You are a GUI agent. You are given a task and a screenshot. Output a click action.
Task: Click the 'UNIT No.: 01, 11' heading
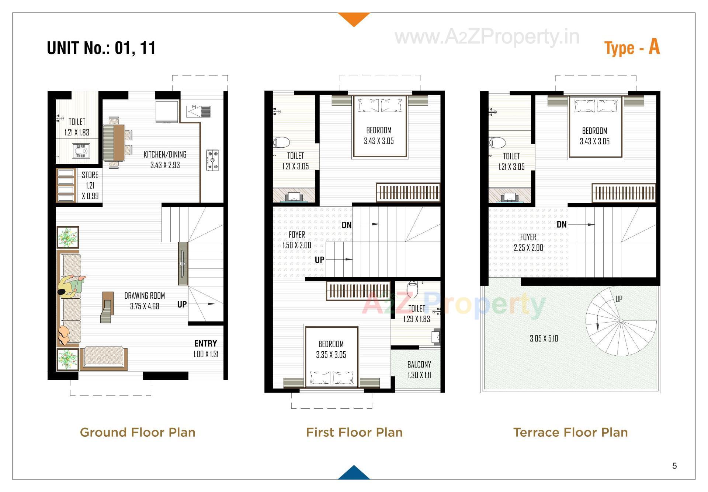pos(101,48)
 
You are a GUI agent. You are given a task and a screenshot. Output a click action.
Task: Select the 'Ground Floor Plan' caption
pos(138,432)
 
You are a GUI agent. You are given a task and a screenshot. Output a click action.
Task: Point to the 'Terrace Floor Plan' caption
pos(570,432)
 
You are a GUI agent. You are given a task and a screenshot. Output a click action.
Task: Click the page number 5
pos(674,466)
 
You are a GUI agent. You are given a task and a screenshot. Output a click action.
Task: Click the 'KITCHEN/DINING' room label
pos(165,155)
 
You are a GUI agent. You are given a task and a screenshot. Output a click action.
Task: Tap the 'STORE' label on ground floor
pos(90,175)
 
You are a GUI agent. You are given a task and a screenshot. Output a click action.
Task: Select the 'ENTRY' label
pos(205,344)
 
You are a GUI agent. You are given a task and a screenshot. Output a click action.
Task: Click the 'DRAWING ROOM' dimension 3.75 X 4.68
pos(145,306)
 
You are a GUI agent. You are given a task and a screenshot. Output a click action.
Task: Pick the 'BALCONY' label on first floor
pos(419,365)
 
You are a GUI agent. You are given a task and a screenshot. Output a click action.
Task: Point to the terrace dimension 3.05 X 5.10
pos(544,338)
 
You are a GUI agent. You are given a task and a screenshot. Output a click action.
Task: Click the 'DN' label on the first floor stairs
pos(347,225)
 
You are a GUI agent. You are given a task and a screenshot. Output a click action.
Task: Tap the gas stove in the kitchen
pos(212,160)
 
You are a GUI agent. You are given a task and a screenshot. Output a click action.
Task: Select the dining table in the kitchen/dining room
pos(114,143)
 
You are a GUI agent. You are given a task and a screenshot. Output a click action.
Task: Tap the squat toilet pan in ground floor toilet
pos(81,151)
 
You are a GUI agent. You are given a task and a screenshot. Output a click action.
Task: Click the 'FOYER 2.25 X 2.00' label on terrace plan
pos(528,242)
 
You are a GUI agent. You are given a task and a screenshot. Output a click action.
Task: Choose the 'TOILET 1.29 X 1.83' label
pos(417,314)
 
